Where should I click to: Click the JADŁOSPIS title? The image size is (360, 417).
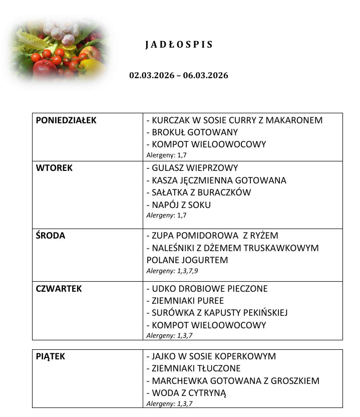179,45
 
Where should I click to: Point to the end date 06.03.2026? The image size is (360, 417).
207,76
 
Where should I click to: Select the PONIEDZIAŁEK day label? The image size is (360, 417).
66,120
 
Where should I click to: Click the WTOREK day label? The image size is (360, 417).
54,168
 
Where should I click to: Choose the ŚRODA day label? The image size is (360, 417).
51,236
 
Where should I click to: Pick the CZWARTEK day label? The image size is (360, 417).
59,289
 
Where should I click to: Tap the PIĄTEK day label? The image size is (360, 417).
51,357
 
